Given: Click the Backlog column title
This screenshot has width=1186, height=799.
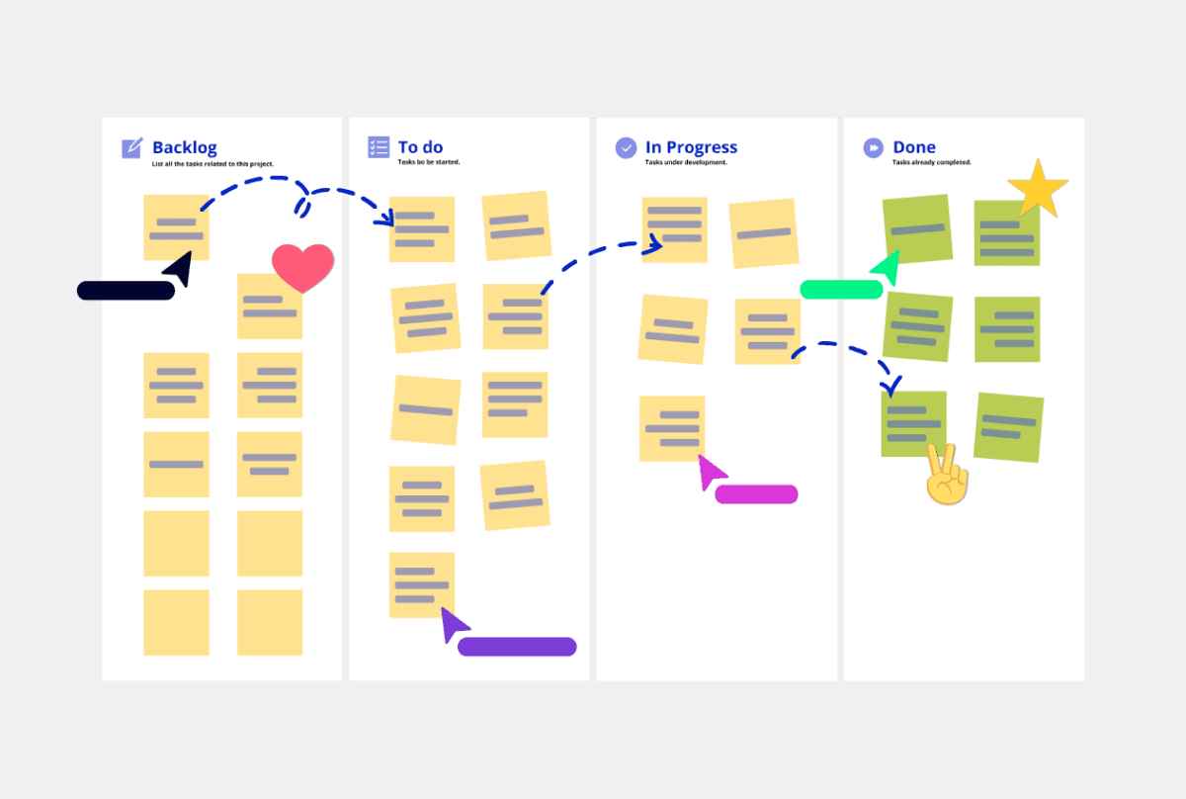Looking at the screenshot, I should tap(184, 147).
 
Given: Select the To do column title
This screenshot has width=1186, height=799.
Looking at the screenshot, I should tap(420, 147).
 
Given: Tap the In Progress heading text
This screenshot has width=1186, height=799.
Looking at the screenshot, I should tap(691, 147).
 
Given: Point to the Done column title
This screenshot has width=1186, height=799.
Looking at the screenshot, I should tap(913, 147).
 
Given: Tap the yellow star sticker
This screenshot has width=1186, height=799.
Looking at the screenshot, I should tap(1037, 189).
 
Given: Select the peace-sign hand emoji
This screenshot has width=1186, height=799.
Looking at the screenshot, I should tap(947, 476).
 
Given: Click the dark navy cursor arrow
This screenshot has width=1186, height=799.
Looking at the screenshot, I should tap(178, 268).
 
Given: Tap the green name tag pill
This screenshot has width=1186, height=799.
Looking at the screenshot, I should tap(841, 289).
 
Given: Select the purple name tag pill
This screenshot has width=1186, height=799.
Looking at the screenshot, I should tap(517, 647).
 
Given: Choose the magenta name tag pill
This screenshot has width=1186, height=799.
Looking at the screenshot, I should tap(756, 494).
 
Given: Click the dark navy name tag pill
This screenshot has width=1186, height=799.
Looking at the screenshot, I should tap(126, 290).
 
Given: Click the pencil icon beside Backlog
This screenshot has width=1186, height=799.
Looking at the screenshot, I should tap(132, 148).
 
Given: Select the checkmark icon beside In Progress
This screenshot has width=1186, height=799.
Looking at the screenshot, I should tap(626, 148).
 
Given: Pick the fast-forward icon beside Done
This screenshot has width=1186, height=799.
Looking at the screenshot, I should tap(873, 148).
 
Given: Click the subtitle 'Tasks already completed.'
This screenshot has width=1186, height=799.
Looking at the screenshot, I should tap(932, 162).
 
